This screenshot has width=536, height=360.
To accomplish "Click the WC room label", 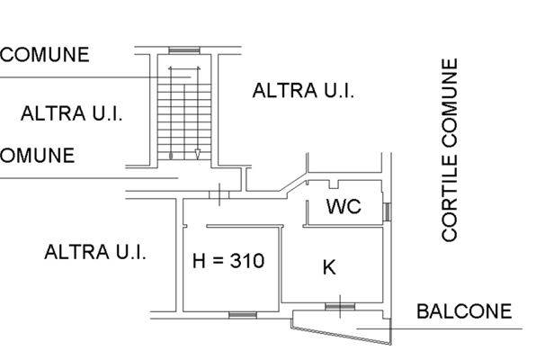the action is (344, 206).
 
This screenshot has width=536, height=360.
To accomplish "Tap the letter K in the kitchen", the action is (329, 267).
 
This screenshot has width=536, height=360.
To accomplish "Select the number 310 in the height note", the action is (247, 260).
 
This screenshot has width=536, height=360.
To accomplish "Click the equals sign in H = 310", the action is (218, 261).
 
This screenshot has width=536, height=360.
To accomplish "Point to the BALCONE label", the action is (464, 311).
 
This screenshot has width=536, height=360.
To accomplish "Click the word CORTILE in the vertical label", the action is (449, 199).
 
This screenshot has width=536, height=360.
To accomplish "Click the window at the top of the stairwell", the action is (184, 50).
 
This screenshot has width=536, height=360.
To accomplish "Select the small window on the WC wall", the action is (387, 211).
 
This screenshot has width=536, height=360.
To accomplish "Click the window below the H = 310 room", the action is (242, 315).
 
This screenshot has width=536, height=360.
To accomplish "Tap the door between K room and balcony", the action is (340, 306).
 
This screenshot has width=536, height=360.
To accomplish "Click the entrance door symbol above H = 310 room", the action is (219, 194).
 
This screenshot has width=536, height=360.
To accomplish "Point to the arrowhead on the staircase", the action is (198, 154).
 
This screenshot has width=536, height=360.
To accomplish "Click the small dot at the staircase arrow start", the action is (171, 156).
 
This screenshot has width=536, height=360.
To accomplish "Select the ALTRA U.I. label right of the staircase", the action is (303, 91).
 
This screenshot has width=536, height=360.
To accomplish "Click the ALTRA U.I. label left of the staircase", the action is (71, 113).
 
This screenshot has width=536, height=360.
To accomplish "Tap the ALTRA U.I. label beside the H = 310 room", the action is (95, 252).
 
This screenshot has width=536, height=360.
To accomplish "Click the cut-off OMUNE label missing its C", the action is (37, 156).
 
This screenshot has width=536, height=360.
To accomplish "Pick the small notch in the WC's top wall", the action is (335, 184).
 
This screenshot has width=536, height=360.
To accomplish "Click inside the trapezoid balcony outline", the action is (342, 324).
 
